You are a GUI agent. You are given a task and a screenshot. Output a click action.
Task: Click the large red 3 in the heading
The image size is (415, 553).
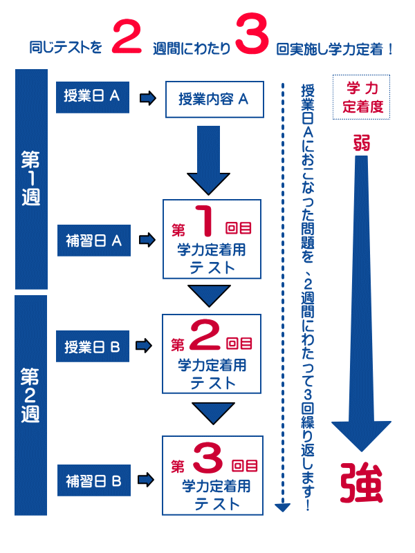(252, 38)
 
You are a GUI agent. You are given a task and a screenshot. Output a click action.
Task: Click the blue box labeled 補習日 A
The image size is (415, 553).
(93, 241)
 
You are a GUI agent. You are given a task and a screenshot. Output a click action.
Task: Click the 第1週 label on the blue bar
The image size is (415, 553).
(30, 178)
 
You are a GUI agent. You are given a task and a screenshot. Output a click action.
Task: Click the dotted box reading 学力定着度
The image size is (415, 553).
(362, 97)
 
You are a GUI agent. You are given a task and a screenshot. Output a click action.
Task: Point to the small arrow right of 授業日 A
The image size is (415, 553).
(147, 98)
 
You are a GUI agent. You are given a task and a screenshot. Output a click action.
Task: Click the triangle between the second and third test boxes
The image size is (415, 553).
(208, 413)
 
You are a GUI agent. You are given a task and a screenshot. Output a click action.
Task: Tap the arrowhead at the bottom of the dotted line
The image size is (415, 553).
(282, 507)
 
